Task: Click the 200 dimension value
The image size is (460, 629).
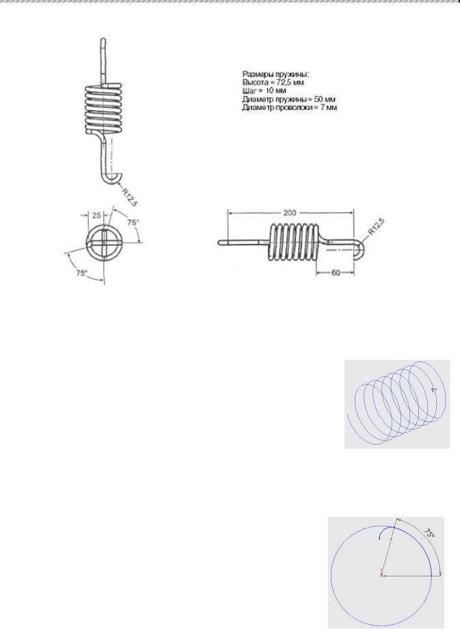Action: pyautogui.click(x=289, y=213)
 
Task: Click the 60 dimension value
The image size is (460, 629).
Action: pyautogui.click(x=336, y=272)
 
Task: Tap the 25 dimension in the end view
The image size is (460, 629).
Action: pyautogui.click(x=97, y=215)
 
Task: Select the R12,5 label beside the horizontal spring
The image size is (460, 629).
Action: pyautogui.click(x=376, y=227)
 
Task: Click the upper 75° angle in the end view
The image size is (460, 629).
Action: pyautogui.click(x=133, y=222)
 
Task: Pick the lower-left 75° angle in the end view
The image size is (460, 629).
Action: pyautogui.click(x=81, y=273)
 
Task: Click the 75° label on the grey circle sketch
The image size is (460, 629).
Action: pyautogui.click(x=429, y=533)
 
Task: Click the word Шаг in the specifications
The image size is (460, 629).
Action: pyautogui.click(x=249, y=91)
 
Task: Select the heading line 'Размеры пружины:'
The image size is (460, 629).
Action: pyautogui.click(x=275, y=74)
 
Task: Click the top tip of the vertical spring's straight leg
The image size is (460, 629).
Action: pyautogui.click(x=103, y=39)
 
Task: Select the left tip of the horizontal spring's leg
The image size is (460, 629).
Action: pyautogui.click(x=219, y=242)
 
